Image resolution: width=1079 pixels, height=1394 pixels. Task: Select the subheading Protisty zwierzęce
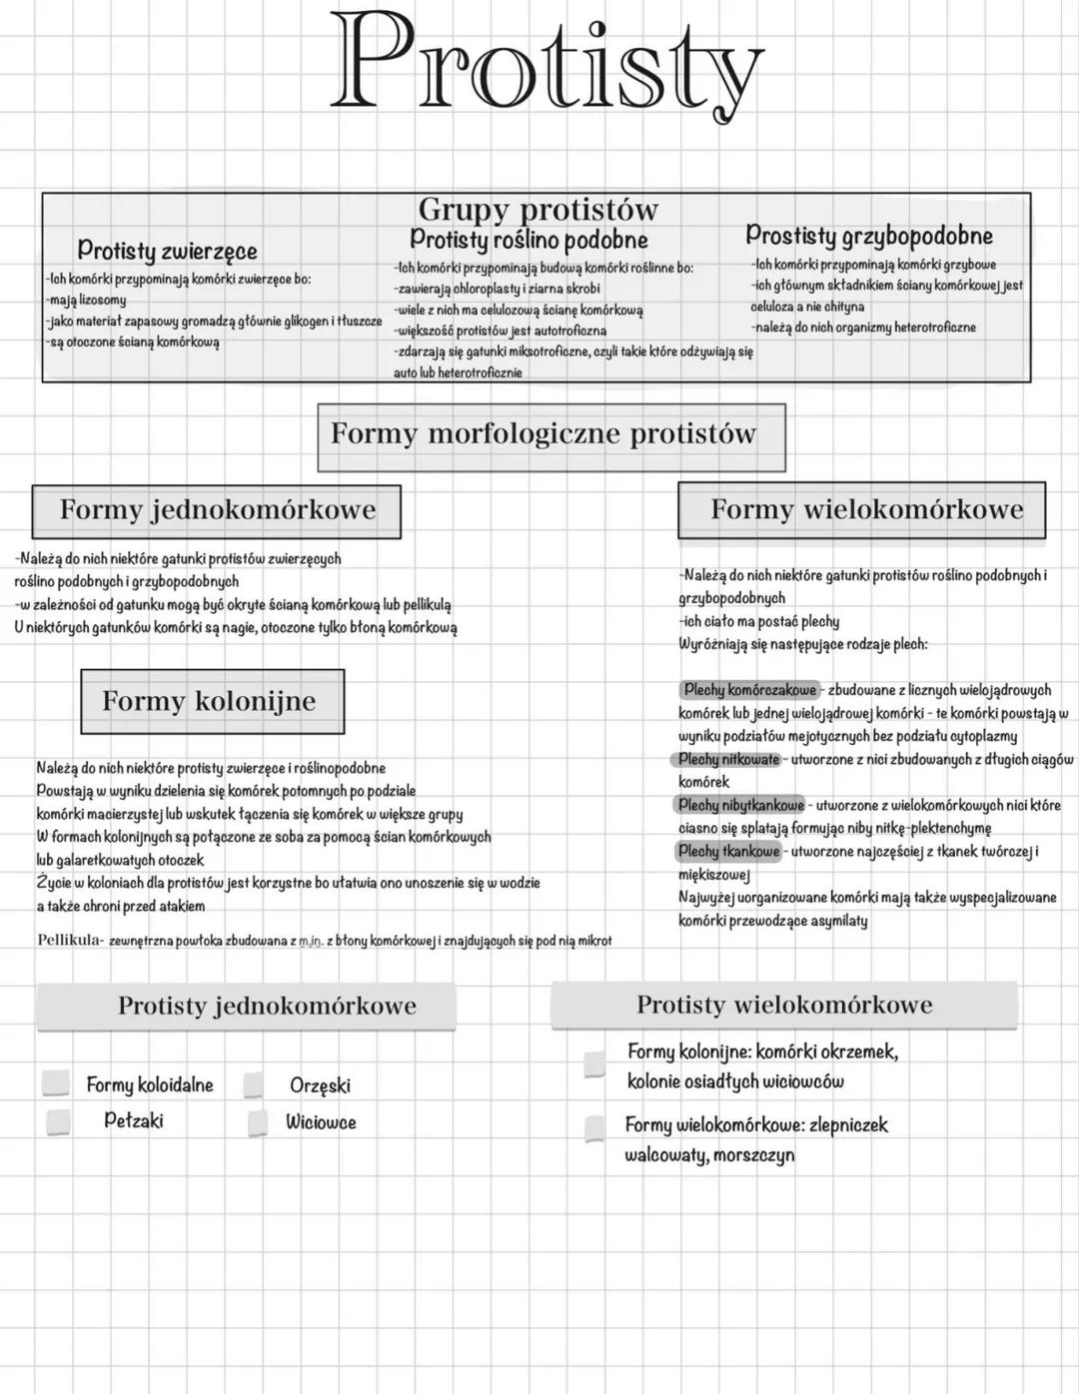167,251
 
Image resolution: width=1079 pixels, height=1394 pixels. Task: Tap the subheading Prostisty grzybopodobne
868,237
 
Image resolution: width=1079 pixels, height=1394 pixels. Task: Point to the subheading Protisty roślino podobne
529,240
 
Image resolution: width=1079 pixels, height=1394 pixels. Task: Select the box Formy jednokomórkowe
217,510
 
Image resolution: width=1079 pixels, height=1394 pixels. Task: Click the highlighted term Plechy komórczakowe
749,690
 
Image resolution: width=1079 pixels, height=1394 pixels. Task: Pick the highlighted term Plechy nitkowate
728,760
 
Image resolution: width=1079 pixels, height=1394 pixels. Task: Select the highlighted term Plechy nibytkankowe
740,805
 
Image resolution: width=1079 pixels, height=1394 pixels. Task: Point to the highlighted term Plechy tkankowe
728,852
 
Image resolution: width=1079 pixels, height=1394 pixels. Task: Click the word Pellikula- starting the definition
70,940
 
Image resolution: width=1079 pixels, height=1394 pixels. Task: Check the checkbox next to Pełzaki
58,1121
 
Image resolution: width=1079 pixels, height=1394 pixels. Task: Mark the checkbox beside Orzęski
254,1085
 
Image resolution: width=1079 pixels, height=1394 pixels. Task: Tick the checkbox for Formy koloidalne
56,1083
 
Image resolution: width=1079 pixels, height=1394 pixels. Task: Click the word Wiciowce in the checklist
321,1122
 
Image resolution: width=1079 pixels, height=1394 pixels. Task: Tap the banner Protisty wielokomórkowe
784,1006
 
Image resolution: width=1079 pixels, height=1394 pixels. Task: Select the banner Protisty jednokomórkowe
267,1007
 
